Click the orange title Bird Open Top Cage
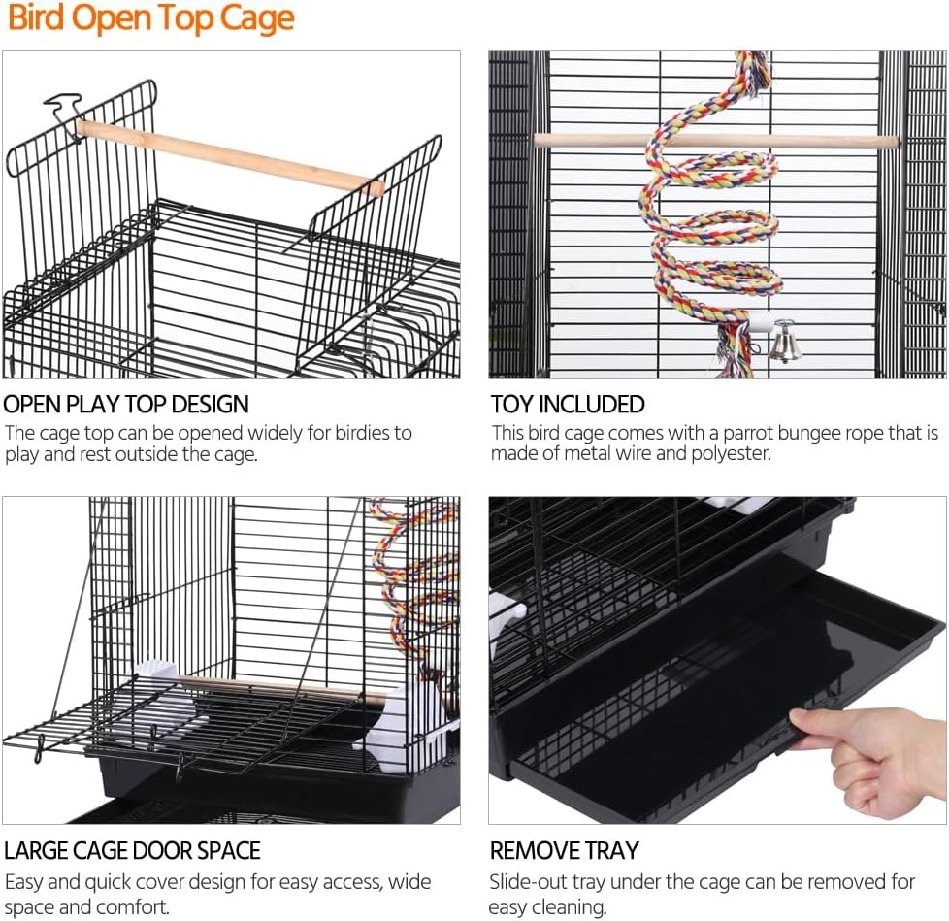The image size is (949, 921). [150, 17]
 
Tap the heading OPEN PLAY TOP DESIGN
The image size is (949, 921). [126, 404]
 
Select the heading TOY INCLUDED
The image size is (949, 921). [567, 404]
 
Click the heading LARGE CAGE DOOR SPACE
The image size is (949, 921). [132, 850]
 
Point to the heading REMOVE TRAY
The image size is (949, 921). [564, 850]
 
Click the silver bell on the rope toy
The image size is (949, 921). [784, 342]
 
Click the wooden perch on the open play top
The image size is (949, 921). [230, 155]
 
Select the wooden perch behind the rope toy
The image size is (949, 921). [715, 142]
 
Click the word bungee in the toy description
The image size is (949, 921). [827, 433]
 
